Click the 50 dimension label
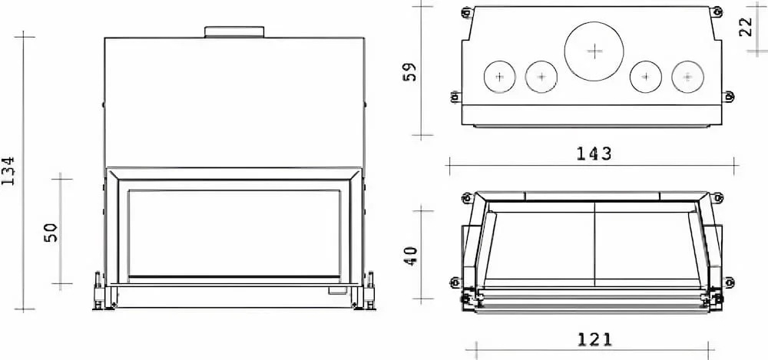(x=51, y=232)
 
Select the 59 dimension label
(x=410, y=71)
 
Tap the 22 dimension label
(x=744, y=28)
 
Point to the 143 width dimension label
(x=594, y=154)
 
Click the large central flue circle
(x=594, y=51)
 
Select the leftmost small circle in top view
(x=499, y=77)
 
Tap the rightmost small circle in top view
(x=687, y=77)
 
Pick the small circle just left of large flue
(x=541, y=77)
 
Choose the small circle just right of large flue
(x=645, y=77)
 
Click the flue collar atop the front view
(x=234, y=31)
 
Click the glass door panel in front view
(x=234, y=233)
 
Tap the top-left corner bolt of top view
(x=465, y=12)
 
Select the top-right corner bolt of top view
(x=717, y=12)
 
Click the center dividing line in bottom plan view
(x=595, y=246)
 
